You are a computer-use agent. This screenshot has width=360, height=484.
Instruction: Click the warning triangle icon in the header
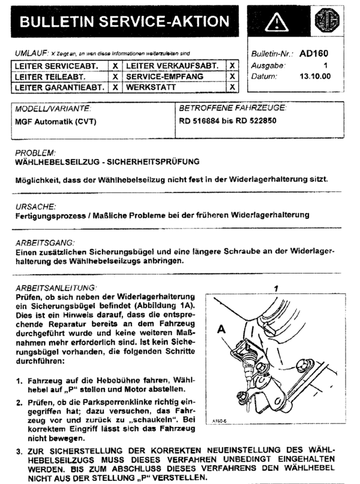275,23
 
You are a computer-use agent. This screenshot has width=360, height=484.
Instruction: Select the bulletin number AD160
314,53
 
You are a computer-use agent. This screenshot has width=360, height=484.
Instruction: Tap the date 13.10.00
315,76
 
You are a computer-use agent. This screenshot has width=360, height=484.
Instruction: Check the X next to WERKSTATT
232,87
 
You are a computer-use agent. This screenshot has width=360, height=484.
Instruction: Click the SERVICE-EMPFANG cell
165,76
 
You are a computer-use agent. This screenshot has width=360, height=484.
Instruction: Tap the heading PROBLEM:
35,153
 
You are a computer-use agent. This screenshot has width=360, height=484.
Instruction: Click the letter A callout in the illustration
222,329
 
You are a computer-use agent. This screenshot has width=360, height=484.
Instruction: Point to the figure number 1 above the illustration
276,288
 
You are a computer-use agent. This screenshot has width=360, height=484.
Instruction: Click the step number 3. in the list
20,450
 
